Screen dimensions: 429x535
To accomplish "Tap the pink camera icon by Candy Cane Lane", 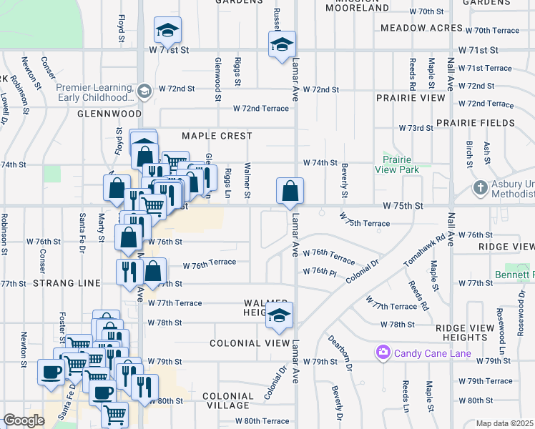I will tap(383, 352).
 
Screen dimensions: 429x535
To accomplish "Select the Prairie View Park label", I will tap(400, 164).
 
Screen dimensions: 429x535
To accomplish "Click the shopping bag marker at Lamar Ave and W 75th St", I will tap(290, 192).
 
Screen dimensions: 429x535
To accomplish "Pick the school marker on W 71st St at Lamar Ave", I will tap(282, 45).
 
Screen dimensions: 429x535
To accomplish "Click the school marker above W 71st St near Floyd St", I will tap(167, 30).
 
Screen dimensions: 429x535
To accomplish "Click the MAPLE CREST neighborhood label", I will tap(217, 136).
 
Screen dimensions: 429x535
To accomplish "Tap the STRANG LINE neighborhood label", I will tap(67, 284).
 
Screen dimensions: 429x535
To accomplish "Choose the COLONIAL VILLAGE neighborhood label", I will tap(227, 400).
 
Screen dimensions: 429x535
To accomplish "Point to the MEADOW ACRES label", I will tap(422, 28).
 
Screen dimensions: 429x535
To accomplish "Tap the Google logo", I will tap(24, 420).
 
